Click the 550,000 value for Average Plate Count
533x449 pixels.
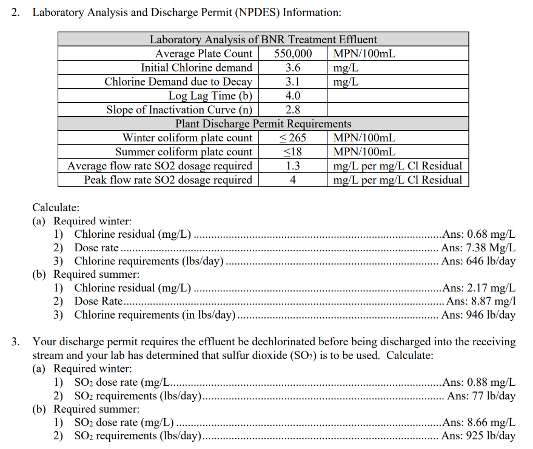click(293, 54)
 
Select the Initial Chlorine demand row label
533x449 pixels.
click(196, 68)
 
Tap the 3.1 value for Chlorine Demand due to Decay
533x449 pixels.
click(293, 82)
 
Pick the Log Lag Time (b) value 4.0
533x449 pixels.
click(293, 96)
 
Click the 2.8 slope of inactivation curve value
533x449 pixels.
click(293, 110)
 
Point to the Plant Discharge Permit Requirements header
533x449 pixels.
click(263, 124)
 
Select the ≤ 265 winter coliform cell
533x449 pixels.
click(293, 138)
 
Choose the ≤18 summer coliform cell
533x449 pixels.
click(293, 152)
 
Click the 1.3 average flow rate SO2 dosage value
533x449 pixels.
click(293, 166)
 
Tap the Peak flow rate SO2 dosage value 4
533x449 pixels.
click(293, 180)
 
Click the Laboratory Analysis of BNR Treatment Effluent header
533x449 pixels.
click(263, 40)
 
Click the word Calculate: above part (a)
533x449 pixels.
click(56, 208)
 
